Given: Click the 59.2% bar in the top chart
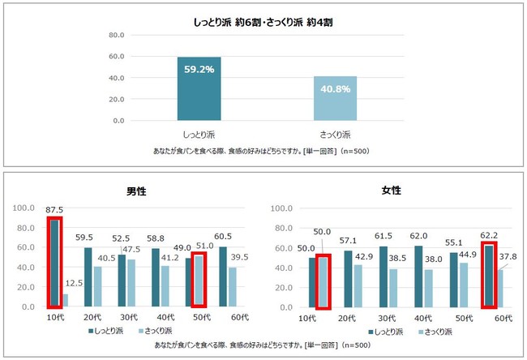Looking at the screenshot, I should pos(199,89).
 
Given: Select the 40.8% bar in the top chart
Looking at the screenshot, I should pos(335,98).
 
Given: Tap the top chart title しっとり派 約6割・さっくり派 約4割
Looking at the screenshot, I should pos(263,24).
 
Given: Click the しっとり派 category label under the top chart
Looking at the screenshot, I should pos(199,133).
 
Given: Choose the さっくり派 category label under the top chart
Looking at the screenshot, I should pos(335,133).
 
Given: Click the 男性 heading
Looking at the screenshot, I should pos(136,191).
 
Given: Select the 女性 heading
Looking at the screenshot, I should pos(391,191).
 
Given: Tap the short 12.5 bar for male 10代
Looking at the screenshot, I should pos(65,300).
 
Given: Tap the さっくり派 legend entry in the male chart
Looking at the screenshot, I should pos(159,330).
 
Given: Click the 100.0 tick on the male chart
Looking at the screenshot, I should pos(30,208).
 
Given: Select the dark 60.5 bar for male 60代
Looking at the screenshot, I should pos(222,277).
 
